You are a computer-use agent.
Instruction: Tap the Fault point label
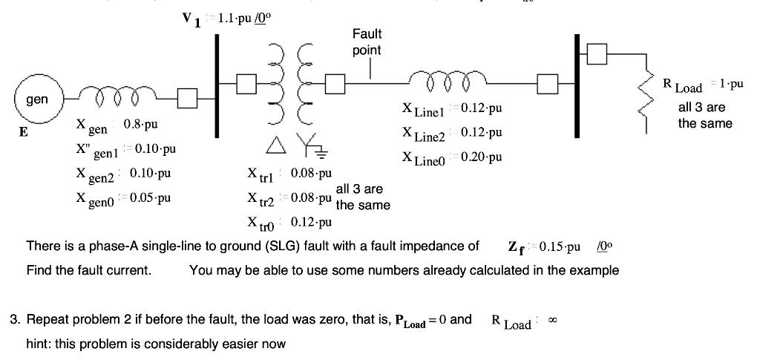[x=367, y=42]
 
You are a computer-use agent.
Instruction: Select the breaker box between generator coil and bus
[x=187, y=97]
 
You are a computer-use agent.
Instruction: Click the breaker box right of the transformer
[x=336, y=84]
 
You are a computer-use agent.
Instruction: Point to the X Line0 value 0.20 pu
[x=482, y=157]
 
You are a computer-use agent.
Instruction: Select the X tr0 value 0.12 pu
[x=311, y=222]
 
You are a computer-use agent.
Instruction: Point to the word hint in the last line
[x=39, y=344]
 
